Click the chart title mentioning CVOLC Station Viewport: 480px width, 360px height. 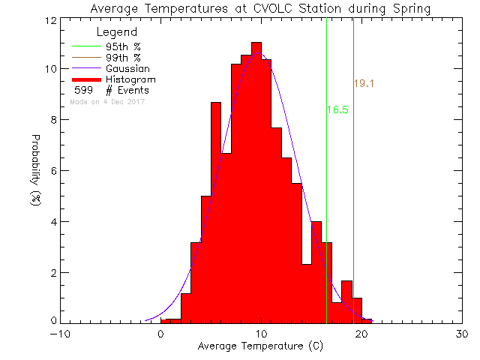tap(260, 9)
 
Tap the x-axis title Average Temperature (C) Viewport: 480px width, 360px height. tap(260, 346)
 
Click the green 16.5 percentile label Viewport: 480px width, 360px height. tap(337, 109)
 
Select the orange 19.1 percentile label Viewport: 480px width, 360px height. tap(364, 84)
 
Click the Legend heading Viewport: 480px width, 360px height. tap(117, 33)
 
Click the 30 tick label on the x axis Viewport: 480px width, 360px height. tap(462, 334)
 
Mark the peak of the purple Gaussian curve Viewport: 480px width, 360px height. tap(259, 53)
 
